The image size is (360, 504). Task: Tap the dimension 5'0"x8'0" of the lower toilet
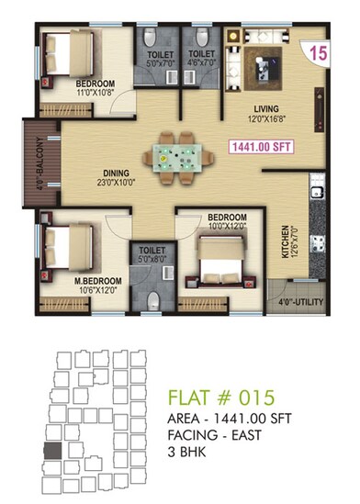[x=152, y=259]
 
